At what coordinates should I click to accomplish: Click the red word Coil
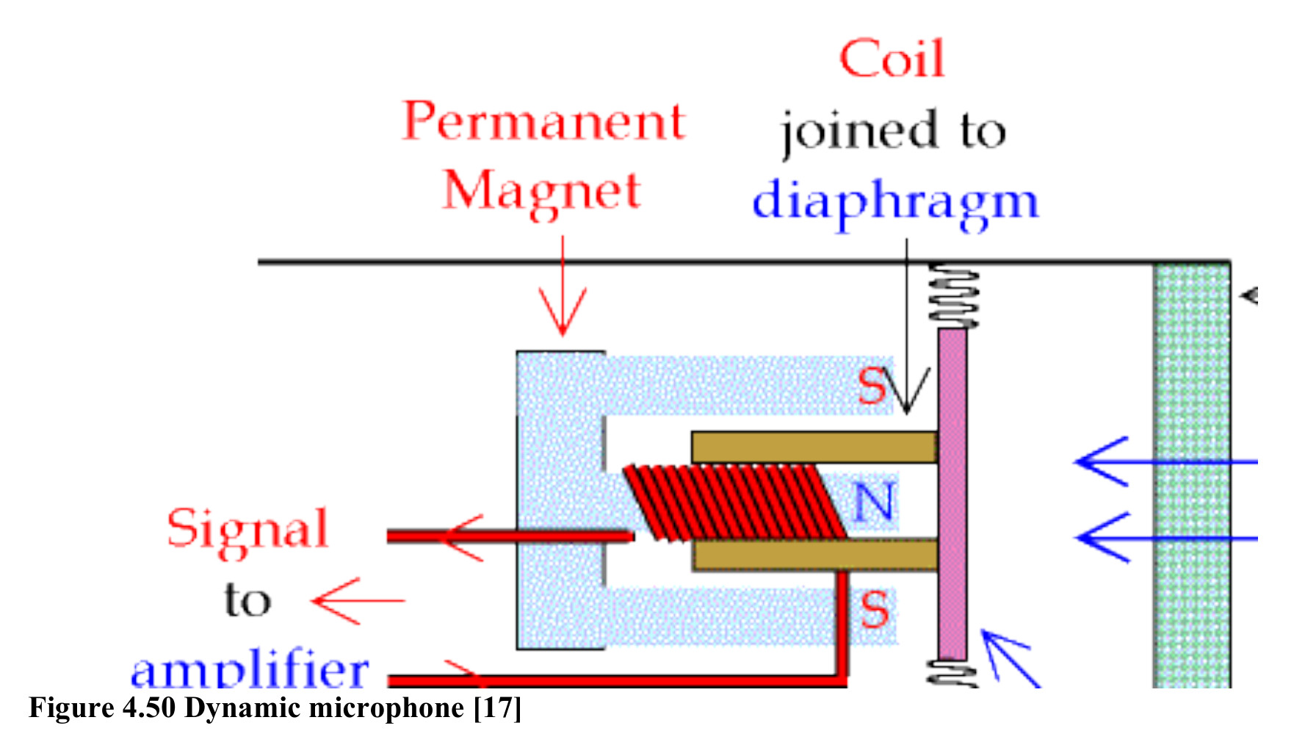tap(892, 59)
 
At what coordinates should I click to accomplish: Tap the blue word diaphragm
tap(896, 202)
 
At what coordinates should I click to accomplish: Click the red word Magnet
tap(542, 192)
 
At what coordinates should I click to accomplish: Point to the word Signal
tap(247, 530)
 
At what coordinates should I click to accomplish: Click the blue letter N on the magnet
tap(874, 503)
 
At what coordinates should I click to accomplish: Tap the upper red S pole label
tap(872, 386)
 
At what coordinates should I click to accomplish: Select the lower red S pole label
tap(874, 610)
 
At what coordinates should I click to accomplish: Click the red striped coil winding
tap(734, 503)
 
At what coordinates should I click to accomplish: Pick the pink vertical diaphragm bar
tap(952, 494)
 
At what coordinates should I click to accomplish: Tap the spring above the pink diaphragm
tap(953, 296)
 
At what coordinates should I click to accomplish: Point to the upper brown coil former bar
tap(814, 447)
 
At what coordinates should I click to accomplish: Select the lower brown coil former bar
tap(814, 555)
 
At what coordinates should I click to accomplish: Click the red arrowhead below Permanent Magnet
tap(563, 312)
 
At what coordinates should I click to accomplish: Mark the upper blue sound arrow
tap(1165, 461)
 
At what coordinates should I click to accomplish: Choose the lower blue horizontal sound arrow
tap(1165, 539)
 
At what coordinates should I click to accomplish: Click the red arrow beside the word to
tap(358, 600)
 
